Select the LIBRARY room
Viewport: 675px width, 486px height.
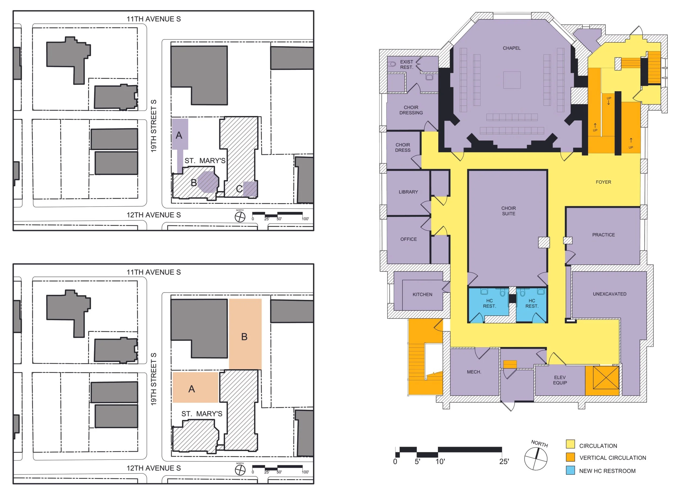coord(408,192)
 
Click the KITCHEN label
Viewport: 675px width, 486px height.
coord(422,295)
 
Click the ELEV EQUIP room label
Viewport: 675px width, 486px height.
coord(559,380)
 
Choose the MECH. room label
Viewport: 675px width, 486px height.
coord(474,372)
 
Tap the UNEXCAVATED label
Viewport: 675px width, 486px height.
coord(609,294)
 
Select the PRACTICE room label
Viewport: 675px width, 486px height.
coord(603,235)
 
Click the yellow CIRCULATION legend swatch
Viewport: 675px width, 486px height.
coord(570,444)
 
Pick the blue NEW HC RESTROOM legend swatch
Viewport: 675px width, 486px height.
coord(570,470)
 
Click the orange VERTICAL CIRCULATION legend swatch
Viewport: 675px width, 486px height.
coord(570,457)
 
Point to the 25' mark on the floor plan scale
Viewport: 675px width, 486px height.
coord(504,462)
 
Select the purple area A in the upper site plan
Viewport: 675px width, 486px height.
coord(180,134)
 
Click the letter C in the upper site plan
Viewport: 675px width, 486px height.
coord(239,189)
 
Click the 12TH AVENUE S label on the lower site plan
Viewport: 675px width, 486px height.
coord(154,468)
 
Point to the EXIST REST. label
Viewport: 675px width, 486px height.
coord(406,65)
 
